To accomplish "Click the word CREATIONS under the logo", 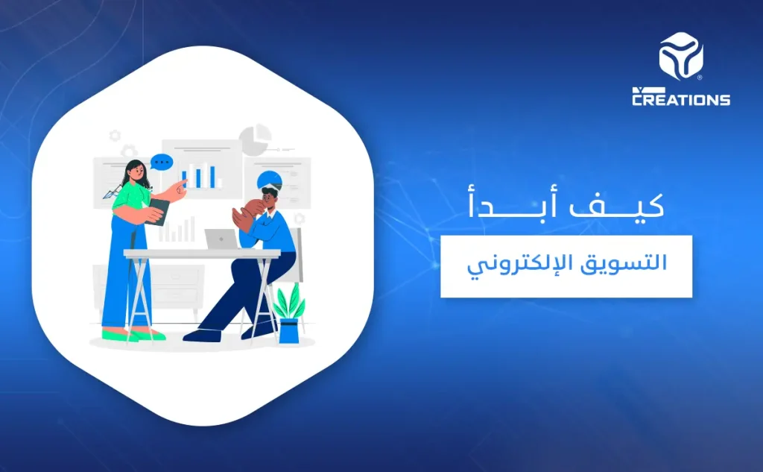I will tap(681, 98).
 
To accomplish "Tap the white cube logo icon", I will tap(681, 57).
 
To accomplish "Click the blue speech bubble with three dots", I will tap(160, 162).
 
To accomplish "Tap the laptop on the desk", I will tap(221, 239).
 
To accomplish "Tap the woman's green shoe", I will tap(145, 334).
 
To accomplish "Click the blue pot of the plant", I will tap(288, 330).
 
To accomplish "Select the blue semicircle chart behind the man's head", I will tap(270, 178).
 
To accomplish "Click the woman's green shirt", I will tap(131, 198).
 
